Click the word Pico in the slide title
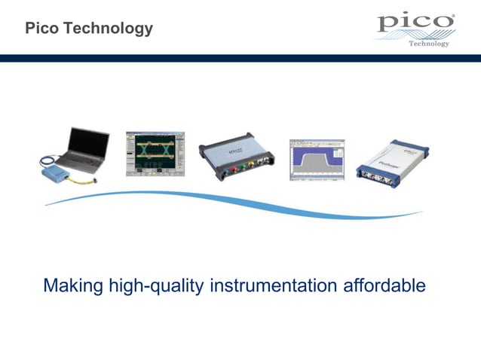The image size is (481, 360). tap(41, 29)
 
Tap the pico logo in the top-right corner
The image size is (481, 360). tap(416, 23)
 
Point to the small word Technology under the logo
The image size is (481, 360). tap(429, 44)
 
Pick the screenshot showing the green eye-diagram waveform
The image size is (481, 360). tap(156, 152)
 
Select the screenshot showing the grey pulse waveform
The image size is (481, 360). tap(316, 159)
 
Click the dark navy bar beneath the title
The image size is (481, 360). tap(240, 58)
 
